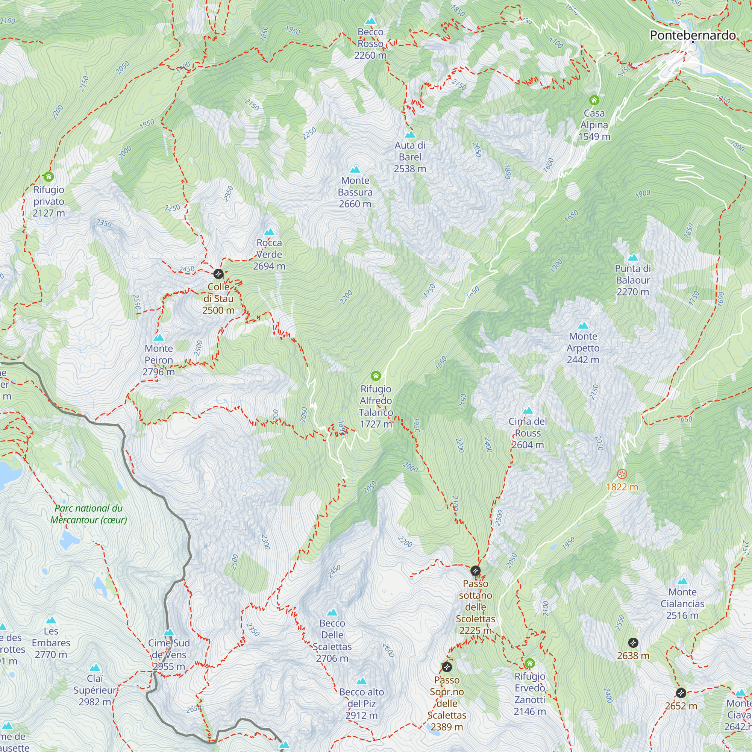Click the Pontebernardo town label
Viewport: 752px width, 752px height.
click(693, 35)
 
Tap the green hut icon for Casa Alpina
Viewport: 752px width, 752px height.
click(594, 100)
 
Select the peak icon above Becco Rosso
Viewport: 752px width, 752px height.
click(370, 20)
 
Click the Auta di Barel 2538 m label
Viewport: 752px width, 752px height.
click(410, 157)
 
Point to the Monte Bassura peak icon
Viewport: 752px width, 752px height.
click(355, 169)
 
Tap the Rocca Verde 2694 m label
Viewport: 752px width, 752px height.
click(269, 254)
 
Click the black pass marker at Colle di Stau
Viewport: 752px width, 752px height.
click(218, 274)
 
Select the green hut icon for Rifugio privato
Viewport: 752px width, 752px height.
click(49, 177)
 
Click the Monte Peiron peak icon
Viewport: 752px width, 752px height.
click(159, 338)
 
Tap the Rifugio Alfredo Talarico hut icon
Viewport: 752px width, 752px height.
click(376, 376)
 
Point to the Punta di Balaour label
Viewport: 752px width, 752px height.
click(632, 280)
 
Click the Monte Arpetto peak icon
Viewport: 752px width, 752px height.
click(583, 325)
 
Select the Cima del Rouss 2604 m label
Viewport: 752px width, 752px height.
click(528, 433)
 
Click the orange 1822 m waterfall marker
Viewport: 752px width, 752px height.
click(622, 474)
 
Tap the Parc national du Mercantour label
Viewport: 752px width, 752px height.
click(89, 514)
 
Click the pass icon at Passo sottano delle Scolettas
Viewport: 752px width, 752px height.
click(475, 571)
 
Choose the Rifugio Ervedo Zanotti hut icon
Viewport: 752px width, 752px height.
click(529, 663)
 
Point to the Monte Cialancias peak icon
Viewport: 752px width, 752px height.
click(682, 582)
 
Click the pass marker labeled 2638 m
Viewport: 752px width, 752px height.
click(633, 643)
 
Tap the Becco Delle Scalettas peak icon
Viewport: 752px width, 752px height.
click(332, 613)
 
